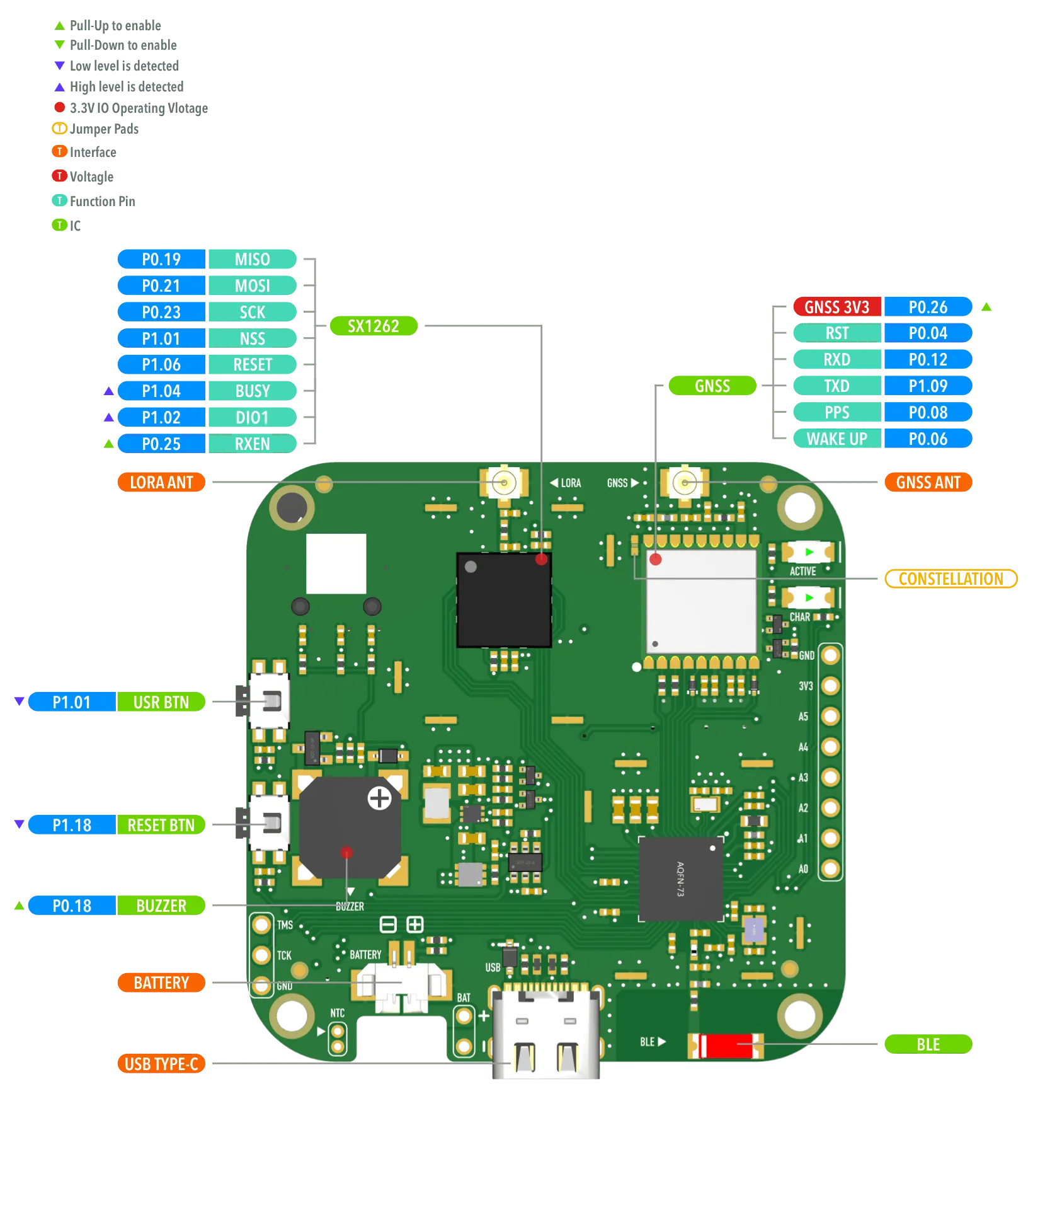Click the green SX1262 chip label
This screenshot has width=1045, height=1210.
point(373,326)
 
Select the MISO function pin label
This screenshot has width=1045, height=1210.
point(252,259)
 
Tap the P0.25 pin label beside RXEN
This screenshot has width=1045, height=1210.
point(161,444)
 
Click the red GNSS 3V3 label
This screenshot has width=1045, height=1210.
point(837,307)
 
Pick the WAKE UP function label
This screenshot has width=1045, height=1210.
point(837,439)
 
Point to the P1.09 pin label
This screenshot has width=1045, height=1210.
point(927,386)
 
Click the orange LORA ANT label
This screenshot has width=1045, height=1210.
point(161,482)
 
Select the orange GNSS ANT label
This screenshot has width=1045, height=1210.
point(928,482)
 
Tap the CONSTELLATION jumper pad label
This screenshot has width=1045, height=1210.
point(951,578)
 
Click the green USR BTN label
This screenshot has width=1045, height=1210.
point(161,702)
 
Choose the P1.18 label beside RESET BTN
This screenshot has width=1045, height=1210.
point(72,825)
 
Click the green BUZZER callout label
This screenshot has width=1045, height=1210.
point(161,906)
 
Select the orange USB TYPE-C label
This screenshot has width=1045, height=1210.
point(161,1064)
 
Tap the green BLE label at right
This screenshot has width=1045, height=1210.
point(928,1044)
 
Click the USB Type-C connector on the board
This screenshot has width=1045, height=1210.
point(545,1034)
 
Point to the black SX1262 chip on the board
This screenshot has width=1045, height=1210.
point(504,600)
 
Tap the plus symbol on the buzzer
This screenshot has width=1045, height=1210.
point(379,798)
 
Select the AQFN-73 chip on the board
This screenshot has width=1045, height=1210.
point(681,879)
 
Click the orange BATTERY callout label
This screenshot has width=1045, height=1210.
point(161,982)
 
